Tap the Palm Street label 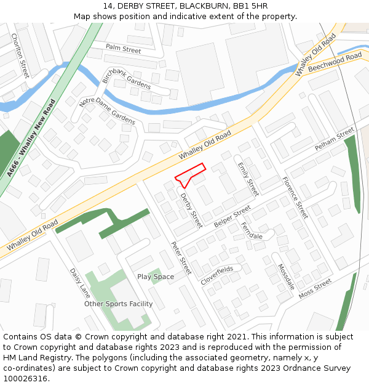coord(123,48)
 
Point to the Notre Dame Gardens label coord(107,111)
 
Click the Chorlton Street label coord(20,55)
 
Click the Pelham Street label coord(335,140)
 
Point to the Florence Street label coord(295,197)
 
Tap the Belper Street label coord(232,216)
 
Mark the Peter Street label coord(181,257)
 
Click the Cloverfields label coord(216,275)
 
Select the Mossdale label coord(286,277)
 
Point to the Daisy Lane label coord(80,283)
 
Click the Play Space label coord(155,277)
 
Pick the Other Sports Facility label coord(119,304)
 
